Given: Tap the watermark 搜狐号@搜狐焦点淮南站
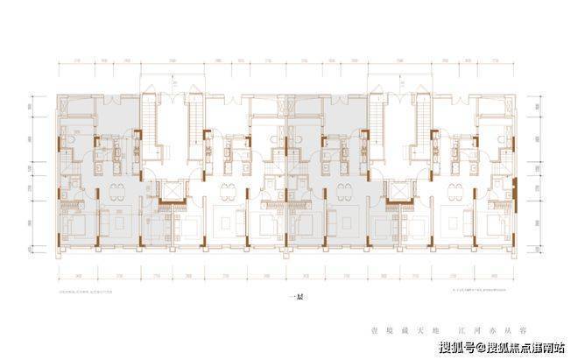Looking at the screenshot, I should coord(500,349).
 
